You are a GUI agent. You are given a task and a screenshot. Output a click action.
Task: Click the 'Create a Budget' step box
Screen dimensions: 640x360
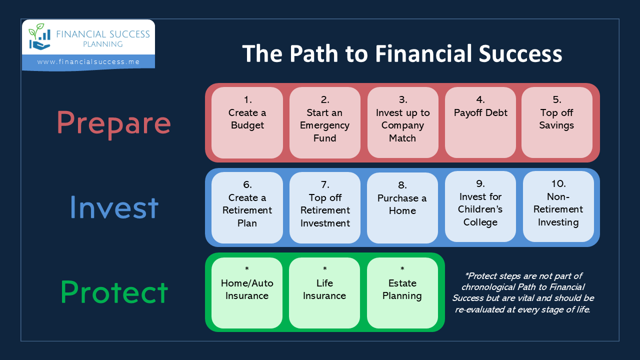(x=247, y=122)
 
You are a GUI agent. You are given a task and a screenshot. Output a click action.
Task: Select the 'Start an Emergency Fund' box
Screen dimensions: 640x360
(x=325, y=122)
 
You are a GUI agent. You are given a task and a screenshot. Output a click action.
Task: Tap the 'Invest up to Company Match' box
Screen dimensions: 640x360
(x=403, y=122)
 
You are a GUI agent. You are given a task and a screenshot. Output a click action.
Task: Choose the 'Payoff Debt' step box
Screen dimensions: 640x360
(x=480, y=122)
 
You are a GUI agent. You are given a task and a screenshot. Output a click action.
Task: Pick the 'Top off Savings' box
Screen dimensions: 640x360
(x=557, y=122)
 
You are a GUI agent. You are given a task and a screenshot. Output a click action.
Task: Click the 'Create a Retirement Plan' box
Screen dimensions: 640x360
(x=247, y=207)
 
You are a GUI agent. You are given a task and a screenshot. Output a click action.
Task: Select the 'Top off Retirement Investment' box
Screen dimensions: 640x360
(x=325, y=207)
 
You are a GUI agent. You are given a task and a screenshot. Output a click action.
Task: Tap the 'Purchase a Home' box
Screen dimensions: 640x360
(x=402, y=207)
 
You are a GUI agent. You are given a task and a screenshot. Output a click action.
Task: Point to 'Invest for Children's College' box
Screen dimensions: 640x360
(x=480, y=206)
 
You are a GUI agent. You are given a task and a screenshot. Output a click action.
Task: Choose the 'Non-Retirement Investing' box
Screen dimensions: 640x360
(x=558, y=206)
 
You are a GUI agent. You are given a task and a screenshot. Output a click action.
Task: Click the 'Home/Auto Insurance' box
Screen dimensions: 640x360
(x=247, y=293)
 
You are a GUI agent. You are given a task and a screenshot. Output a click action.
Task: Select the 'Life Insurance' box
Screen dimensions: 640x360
(x=324, y=293)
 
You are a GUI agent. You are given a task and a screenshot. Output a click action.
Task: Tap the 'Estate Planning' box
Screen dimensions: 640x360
(x=402, y=293)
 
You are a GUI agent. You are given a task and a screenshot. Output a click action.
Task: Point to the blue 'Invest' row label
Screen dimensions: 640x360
(x=114, y=207)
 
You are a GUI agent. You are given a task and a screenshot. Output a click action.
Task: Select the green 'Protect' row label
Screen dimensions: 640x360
(x=114, y=291)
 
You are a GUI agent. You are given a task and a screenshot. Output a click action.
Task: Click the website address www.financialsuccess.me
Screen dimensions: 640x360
(x=88, y=61)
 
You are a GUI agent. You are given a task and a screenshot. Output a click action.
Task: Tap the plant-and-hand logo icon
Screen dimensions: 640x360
(x=39, y=36)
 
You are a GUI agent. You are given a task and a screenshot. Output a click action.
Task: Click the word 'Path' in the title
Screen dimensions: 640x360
(x=314, y=53)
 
